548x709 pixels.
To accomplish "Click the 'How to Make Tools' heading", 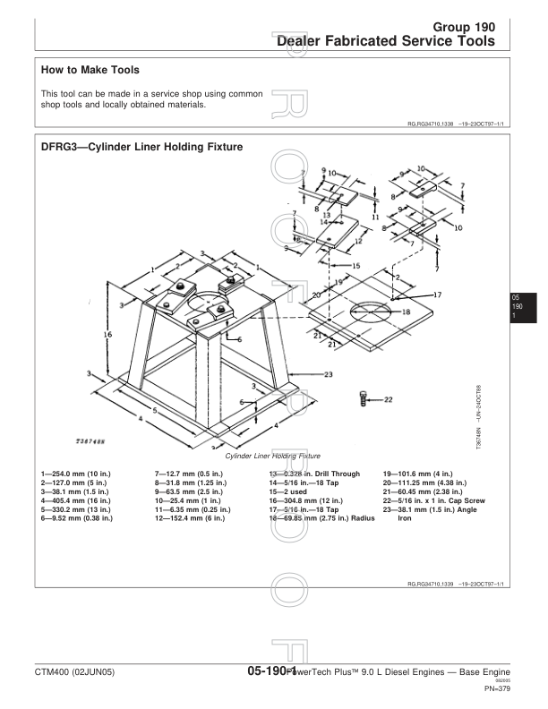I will (x=90, y=69).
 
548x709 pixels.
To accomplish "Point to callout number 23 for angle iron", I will (x=328, y=373).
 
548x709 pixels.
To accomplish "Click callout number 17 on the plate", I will (x=438, y=295).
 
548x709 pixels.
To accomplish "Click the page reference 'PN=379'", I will (x=497, y=689).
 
